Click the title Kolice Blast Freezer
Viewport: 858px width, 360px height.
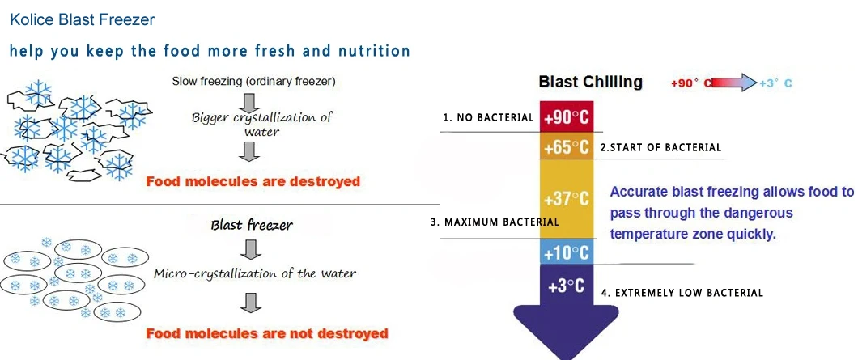click(x=82, y=20)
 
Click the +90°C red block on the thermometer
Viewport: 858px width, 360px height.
click(x=567, y=116)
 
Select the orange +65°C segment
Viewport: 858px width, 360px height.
click(x=567, y=146)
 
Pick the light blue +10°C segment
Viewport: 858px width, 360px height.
click(x=567, y=252)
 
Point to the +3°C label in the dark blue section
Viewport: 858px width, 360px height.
click(x=567, y=286)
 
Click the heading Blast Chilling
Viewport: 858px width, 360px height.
click(x=590, y=82)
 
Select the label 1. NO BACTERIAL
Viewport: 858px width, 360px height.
click(x=488, y=117)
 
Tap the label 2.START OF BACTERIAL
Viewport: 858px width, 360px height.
click(x=660, y=147)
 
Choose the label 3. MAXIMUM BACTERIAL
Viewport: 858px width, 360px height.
click(x=495, y=222)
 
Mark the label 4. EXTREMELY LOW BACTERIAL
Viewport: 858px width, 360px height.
click(x=682, y=293)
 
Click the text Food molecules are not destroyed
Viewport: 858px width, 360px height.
click(x=267, y=333)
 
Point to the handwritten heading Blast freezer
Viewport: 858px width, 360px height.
click(x=251, y=225)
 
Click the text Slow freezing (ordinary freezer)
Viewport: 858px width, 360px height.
click(x=253, y=82)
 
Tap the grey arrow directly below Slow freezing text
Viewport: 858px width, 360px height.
click(x=249, y=102)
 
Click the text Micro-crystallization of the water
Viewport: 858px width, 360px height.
click(x=254, y=273)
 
